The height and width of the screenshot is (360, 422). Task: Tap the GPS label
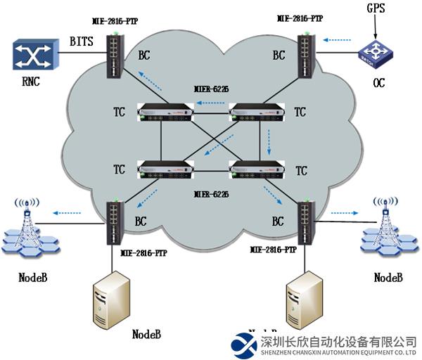[376, 9]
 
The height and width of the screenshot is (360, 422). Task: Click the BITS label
[81, 42]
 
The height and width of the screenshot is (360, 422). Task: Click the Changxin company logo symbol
[245, 344]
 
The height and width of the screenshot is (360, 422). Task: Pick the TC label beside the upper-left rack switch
[119, 112]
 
